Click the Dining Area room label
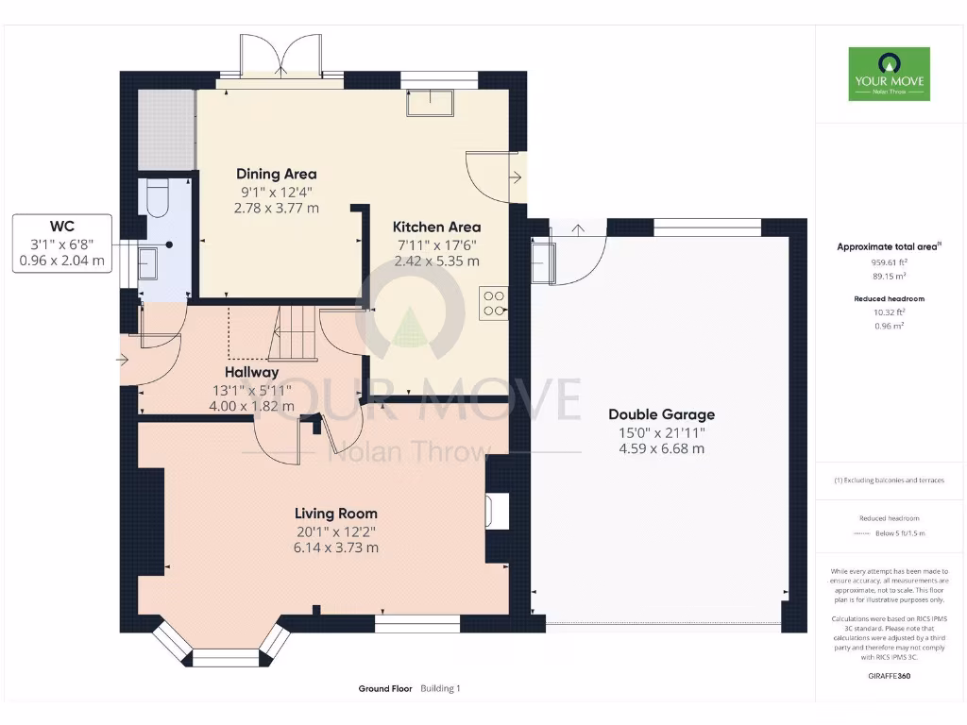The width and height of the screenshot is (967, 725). point(277,174)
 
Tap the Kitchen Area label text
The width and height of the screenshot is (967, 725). point(436,227)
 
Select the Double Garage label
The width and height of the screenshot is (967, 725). point(662,414)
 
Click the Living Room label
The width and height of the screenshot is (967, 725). point(335,513)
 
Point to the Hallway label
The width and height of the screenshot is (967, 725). point(251,372)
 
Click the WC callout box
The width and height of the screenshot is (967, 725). point(62,244)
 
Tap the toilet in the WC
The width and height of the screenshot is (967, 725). point(159,197)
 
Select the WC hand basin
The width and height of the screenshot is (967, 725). point(148,263)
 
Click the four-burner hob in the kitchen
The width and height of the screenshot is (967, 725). point(493,303)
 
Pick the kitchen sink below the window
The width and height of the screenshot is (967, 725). point(430,103)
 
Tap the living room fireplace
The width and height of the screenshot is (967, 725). point(498,511)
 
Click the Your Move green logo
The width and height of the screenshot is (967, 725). point(890,74)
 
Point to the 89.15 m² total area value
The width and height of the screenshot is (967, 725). point(889,277)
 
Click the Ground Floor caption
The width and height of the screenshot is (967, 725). point(385,688)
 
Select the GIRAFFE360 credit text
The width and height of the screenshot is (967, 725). point(890,676)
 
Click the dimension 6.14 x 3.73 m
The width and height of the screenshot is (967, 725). point(335,548)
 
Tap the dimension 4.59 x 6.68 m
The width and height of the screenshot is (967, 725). point(662,448)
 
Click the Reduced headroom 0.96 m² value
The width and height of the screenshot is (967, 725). point(889,326)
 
